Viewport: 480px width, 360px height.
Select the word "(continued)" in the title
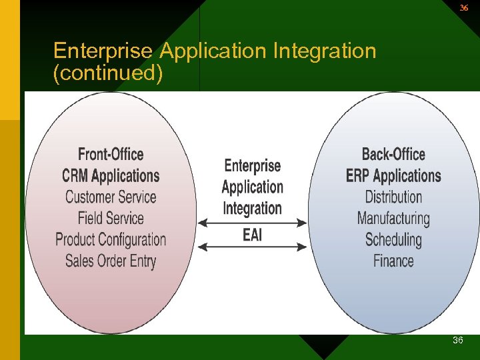pos(108,73)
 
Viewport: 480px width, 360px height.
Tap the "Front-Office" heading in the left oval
pos(111,155)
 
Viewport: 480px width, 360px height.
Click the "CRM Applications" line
pos(111,176)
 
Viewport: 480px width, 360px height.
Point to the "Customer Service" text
pos(111,197)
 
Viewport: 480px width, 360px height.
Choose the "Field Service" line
pos(111,218)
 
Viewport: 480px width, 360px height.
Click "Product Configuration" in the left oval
pos(111,239)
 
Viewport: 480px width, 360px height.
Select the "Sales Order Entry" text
pos(111,261)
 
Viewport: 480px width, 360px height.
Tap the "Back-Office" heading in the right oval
pos(393,155)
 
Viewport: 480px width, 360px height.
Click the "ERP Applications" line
pos(393,176)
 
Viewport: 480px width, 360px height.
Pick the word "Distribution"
pos(393,197)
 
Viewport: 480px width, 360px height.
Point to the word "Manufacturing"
pos(393,218)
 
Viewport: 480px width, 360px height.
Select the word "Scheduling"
pos(393,239)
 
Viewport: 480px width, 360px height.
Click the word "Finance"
pos(393,261)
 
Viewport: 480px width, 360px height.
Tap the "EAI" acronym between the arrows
pos(252,235)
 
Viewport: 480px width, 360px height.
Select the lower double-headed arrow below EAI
pos(252,247)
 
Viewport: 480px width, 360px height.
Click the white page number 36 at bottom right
pos(458,341)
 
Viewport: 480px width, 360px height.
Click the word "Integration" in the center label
pos(252,208)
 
